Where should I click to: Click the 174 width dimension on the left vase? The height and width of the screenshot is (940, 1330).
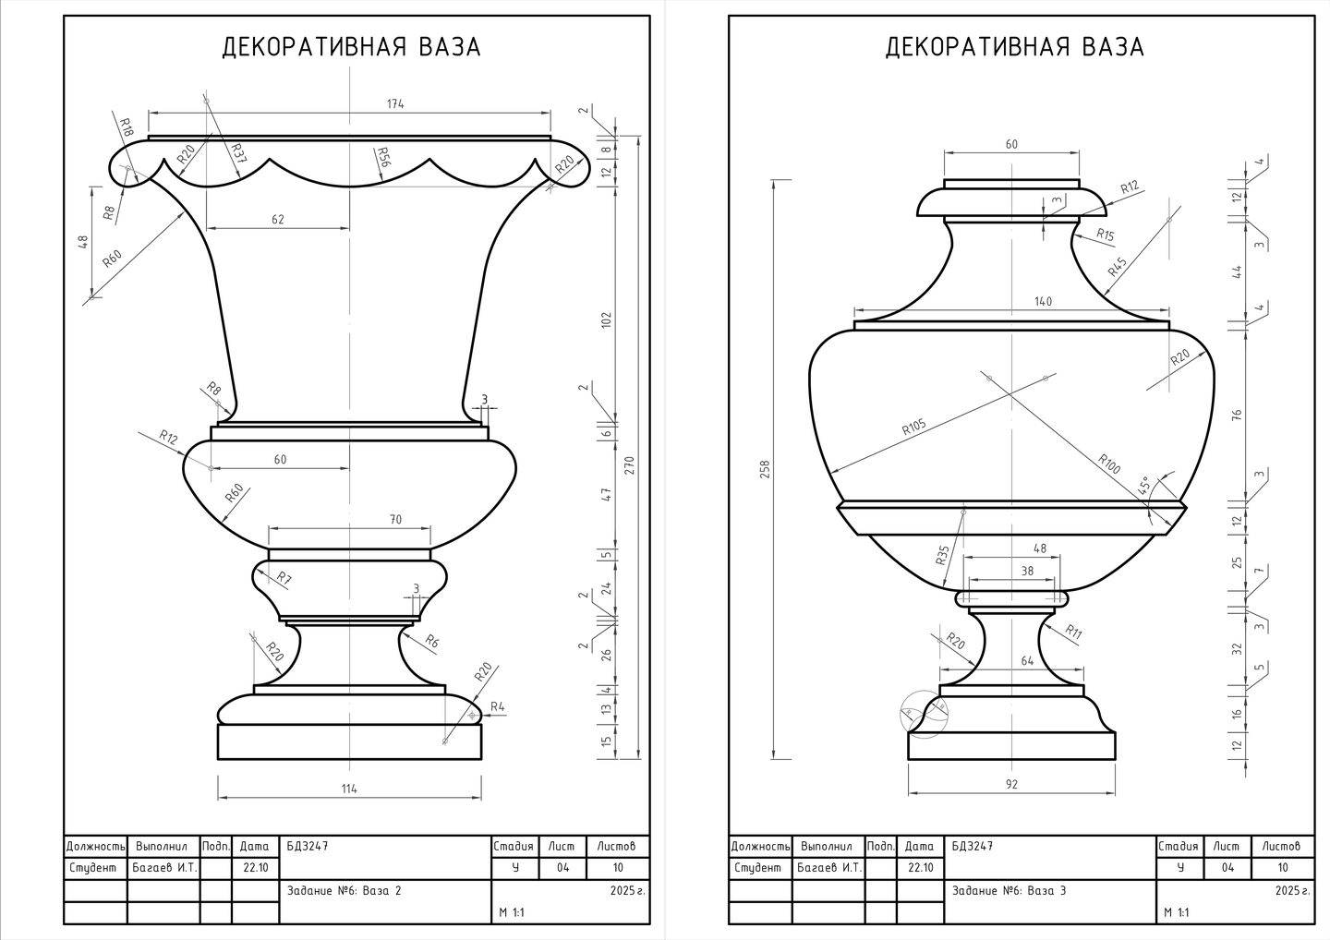click(395, 103)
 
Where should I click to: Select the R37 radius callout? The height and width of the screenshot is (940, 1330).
click(238, 153)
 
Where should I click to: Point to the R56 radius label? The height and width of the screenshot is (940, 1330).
click(382, 157)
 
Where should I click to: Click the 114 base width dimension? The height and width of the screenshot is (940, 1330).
click(349, 789)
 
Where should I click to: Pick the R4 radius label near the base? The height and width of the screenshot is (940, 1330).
click(498, 706)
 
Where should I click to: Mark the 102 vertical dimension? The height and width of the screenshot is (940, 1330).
click(606, 320)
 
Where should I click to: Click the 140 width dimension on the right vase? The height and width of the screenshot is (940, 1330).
click(1043, 301)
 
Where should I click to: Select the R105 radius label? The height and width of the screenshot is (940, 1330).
click(913, 427)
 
